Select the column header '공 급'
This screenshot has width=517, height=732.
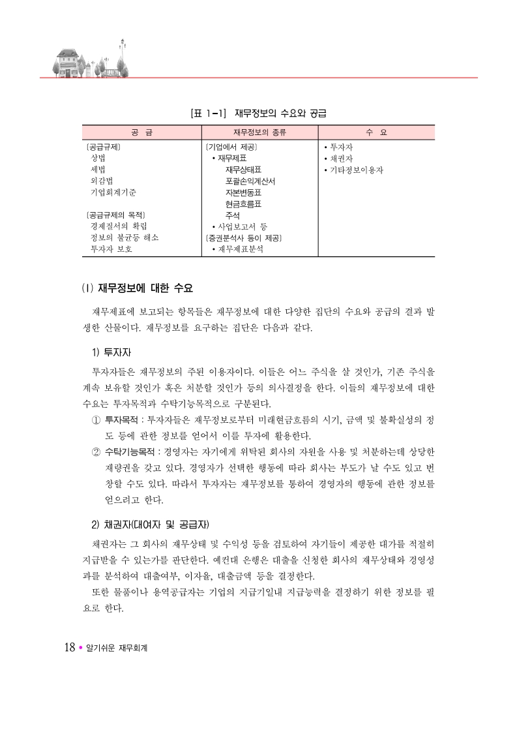pyautogui.click(x=141, y=132)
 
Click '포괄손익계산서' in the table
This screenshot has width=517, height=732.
pyautogui.click(x=250, y=181)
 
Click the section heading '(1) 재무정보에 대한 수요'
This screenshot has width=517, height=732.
pyautogui.click(x=137, y=288)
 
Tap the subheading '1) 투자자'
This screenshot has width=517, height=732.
pyautogui.click(x=111, y=352)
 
